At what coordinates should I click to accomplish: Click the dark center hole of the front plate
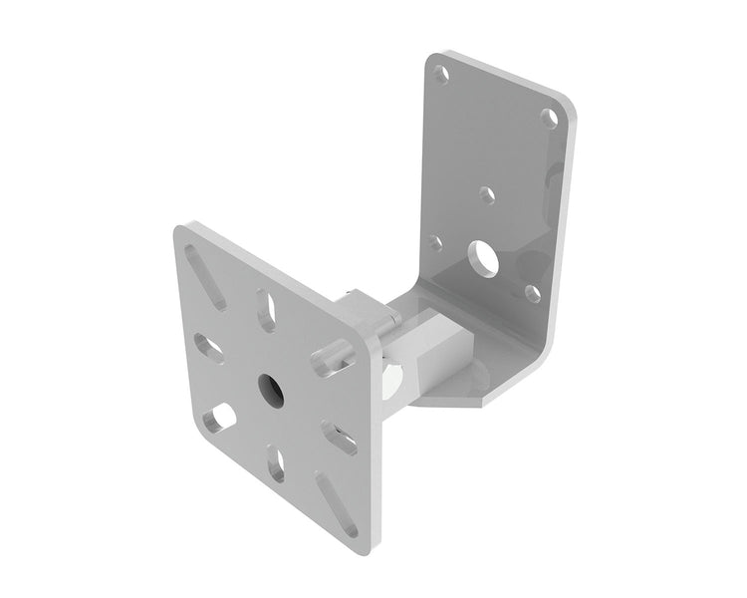(270, 383)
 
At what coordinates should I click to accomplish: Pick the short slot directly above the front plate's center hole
(267, 304)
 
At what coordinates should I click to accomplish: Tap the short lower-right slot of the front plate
(341, 436)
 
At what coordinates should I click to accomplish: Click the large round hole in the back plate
(486, 257)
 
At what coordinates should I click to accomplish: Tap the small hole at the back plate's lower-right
(532, 292)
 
